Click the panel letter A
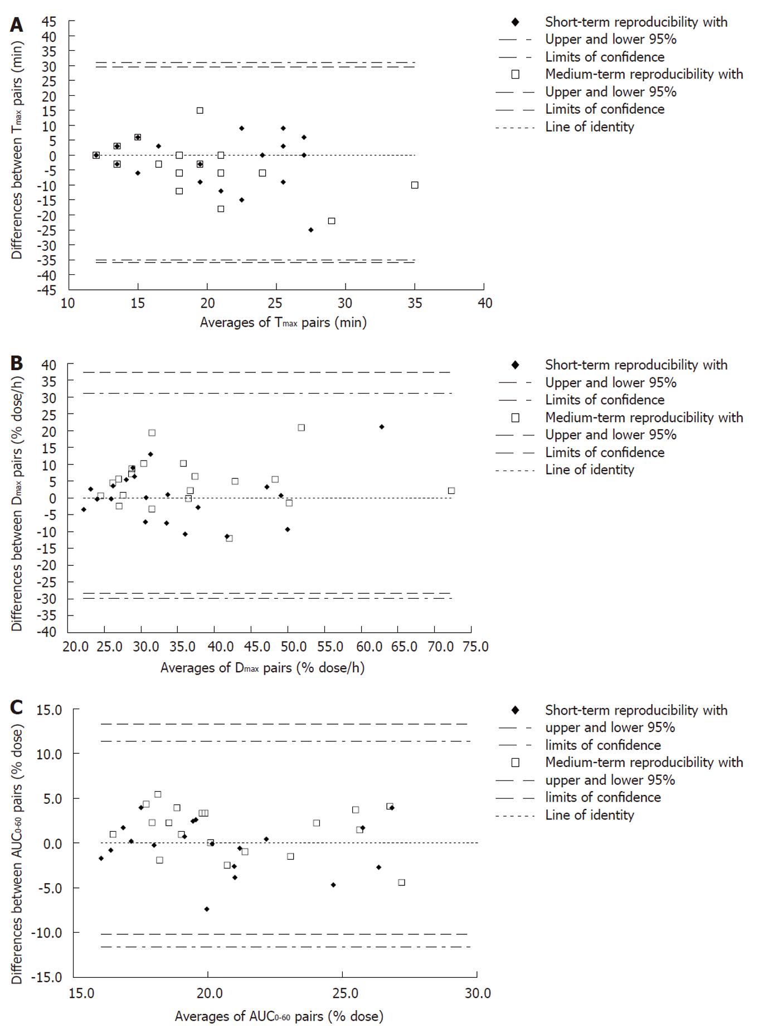[x=17, y=25]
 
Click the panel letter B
[x=17, y=363]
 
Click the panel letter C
[x=17, y=707]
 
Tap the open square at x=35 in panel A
[x=415, y=185]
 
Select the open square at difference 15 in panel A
[x=200, y=110]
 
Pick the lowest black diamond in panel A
[x=311, y=230]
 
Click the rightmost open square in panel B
[x=451, y=491]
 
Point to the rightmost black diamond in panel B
[x=382, y=426]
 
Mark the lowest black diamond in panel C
[x=207, y=909]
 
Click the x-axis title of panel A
[x=283, y=322]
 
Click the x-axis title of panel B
[x=263, y=667]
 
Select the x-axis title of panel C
[x=279, y=1016]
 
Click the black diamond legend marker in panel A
[x=516, y=22]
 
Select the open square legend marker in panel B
[x=516, y=418]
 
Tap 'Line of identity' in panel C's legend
[x=590, y=815]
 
